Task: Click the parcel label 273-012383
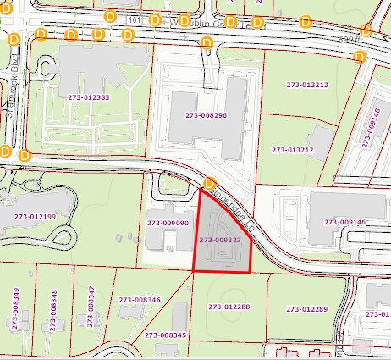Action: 88,97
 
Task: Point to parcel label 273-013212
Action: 293,150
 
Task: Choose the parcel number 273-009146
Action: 343,222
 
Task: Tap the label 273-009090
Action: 168,223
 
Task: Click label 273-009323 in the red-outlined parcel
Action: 220,241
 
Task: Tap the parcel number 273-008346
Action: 140,300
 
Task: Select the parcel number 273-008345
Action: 164,335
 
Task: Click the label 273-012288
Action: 229,307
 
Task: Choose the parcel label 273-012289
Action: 306,309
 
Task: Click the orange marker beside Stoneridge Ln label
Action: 210,182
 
